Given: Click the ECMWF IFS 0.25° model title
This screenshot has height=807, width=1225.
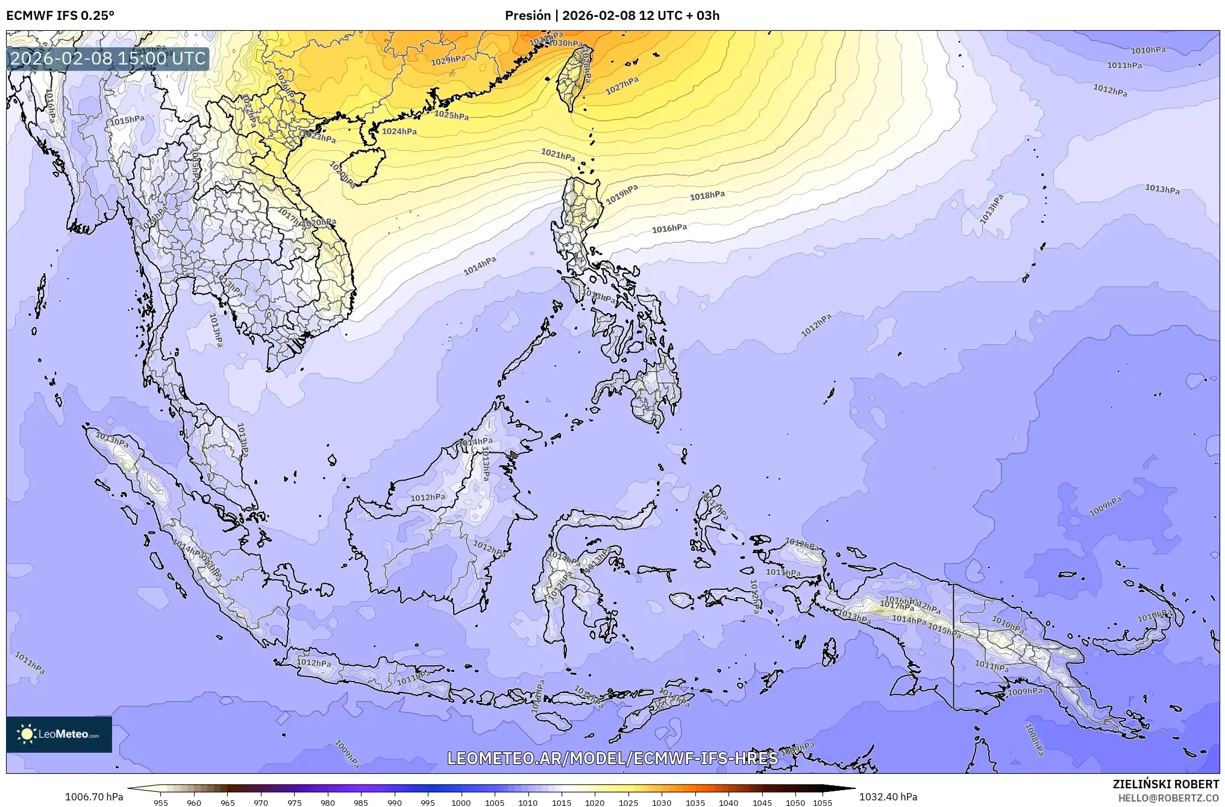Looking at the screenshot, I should [x=60, y=16].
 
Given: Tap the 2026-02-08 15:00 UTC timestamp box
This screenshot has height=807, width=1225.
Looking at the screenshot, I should [x=108, y=59].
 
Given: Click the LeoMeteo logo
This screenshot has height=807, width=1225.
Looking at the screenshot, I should [x=59, y=734].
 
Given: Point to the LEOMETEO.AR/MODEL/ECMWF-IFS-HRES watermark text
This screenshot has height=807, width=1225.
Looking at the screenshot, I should [x=612, y=758].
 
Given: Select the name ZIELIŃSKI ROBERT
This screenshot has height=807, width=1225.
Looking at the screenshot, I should [x=1165, y=784].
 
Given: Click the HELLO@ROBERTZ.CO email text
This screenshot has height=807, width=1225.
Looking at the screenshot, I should [x=1168, y=798].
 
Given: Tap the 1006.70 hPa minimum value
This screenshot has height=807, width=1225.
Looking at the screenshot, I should [x=94, y=797].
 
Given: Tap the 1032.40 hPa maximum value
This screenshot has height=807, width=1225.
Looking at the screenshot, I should [x=888, y=797].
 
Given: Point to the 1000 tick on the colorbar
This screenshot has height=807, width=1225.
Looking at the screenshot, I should [x=461, y=803].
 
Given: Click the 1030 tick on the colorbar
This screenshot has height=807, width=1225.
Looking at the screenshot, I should [x=662, y=803].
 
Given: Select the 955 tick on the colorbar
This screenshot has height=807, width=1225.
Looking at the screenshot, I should [x=161, y=803].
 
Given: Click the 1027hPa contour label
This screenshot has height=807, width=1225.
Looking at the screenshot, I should [x=622, y=86].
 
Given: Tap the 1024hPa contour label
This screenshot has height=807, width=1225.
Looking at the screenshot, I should [x=399, y=131].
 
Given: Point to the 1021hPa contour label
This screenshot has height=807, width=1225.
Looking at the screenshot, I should [x=557, y=154].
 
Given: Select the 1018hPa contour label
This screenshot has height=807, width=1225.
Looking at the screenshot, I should [x=707, y=195].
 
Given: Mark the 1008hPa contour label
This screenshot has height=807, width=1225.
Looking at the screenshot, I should [x=1034, y=739].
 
